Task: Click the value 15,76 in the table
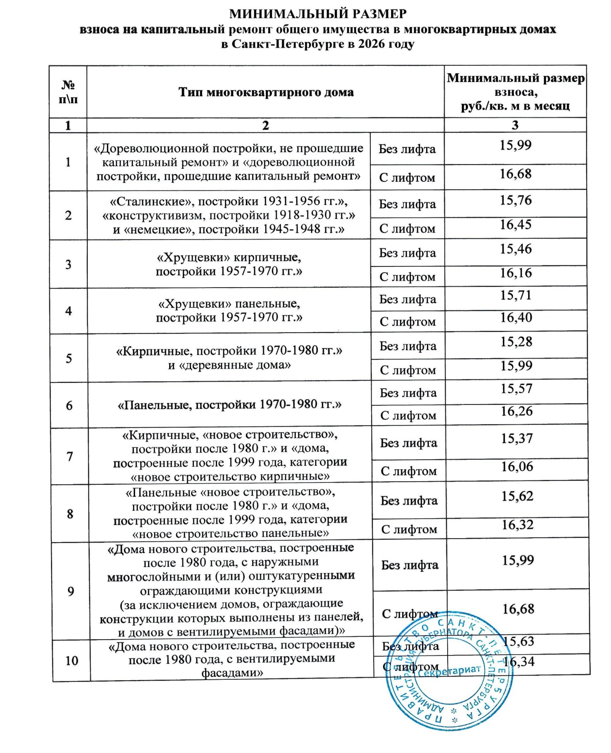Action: pyautogui.click(x=516, y=200)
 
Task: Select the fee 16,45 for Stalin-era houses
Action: pyautogui.click(x=516, y=225)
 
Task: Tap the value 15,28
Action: pyautogui.click(x=516, y=342)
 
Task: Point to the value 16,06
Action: pyautogui.click(x=517, y=467)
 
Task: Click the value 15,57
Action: pyautogui.click(x=517, y=389)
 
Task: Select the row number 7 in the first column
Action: pyautogui.click(x=70, y=456)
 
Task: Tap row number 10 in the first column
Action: pyautogui.click(x=72, y=660)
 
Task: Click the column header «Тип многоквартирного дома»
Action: pyautogui.click(x=266, y=92)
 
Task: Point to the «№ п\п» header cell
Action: pyautogui.click(x=68, y=92)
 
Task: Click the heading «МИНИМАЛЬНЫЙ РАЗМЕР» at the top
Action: pyautogui.click(x=318, y=14)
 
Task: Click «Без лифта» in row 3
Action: pyautogui.click(x=407, y=253)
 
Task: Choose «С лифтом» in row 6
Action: pyautogui.click(x=408, y=416)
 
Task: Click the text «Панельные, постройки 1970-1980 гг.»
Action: pyautogui.click(x=230, y=405)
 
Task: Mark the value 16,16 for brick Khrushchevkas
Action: pyautogui.click(x=516, y=273)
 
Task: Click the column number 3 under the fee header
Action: pyautogui.click(x=515, y=125)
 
